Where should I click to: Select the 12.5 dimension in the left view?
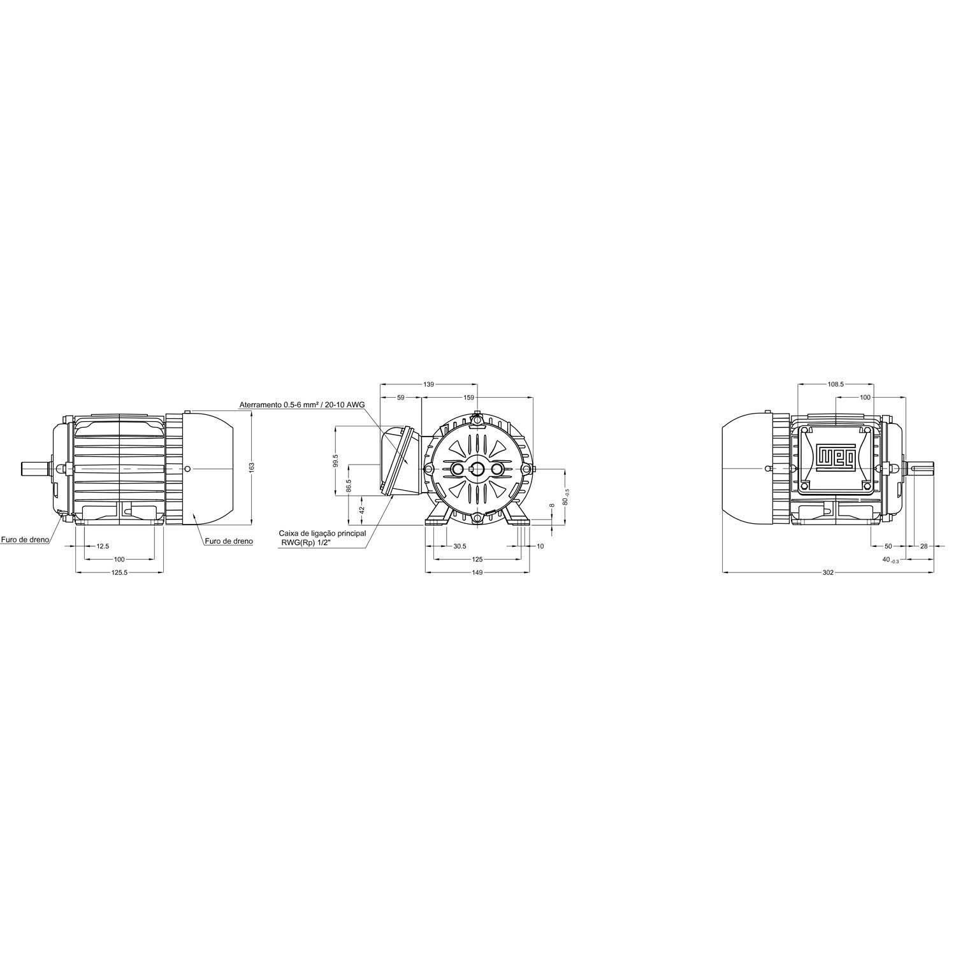click(x=103, y=546)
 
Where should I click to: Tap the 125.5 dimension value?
click(x=120, y=572)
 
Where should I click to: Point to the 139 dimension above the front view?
click(x=429, y=384)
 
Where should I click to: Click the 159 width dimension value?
click(x=469, y=397)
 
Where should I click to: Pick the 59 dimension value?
click(x=401, y=397)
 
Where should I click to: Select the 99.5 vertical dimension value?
click(x=335, y=461)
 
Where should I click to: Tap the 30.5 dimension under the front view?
click(x=460, y=546)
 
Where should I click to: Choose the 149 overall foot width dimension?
click(x=477, y=572)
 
